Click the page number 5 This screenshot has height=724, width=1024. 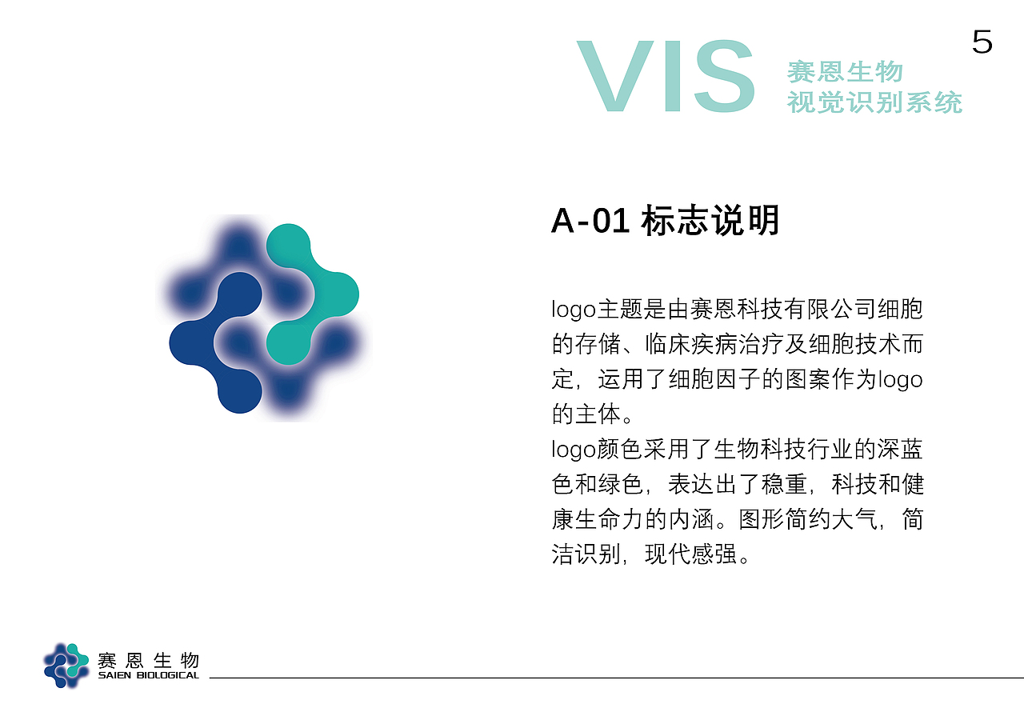(982, 42)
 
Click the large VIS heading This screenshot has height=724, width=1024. (666, 77)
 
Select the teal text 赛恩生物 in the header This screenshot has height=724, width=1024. (845, 72)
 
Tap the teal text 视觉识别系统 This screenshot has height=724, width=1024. (874, 102)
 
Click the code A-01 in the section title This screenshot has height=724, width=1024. (590, 222)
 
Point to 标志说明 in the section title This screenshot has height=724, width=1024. (710, 222)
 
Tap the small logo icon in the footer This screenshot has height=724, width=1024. (66, 665)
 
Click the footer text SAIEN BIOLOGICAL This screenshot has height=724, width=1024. (148, 676)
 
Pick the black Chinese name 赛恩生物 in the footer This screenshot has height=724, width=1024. (148, 661)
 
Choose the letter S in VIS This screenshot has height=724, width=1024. (724, 77)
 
